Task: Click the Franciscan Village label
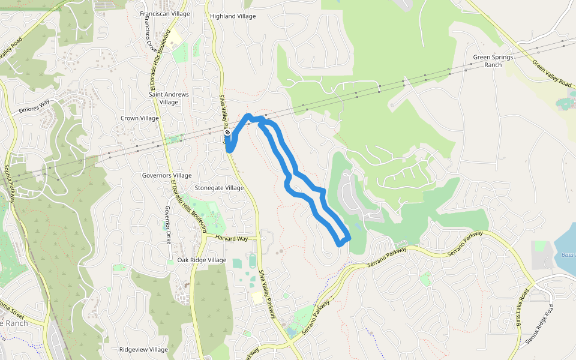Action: (x=164, y=13)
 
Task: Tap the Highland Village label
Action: (x=232, y=16)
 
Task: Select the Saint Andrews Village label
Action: (x=169, y=98)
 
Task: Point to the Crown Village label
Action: (x=140, y=118)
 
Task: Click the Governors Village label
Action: (x=166, y=175)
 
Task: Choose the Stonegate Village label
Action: (x=219, y=188)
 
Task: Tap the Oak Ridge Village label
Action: (x=202, y=260)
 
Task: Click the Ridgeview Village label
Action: (x=143, y=349)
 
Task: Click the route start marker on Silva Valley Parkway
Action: (x=227, y=133)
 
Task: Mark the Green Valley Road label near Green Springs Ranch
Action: (x=552, y=70)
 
